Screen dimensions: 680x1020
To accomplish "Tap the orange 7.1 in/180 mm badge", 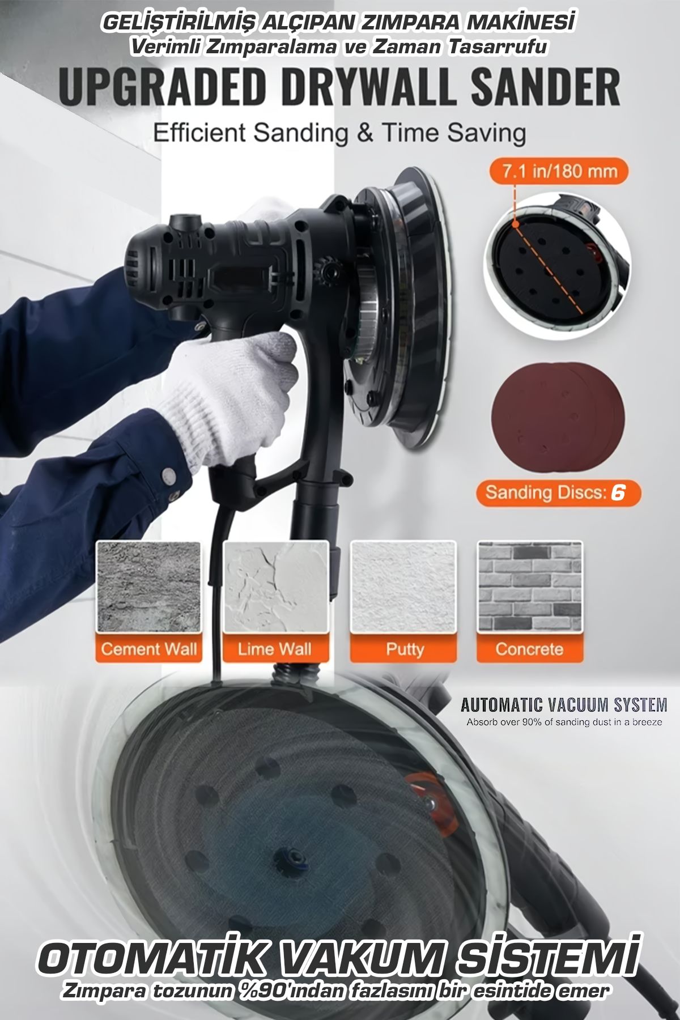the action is coord(558,171).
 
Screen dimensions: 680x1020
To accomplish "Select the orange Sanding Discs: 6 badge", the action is coord(558,492).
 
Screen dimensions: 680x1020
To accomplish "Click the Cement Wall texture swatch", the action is coord(148,587).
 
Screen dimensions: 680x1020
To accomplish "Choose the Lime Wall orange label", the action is coord(275,649).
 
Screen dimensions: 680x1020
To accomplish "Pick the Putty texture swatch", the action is coord(403,587).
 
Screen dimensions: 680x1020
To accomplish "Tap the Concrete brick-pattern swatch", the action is coord(530,587).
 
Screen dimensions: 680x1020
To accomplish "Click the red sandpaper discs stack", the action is coord(558,416).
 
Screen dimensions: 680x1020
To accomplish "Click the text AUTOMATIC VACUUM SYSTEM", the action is coord(564,705).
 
